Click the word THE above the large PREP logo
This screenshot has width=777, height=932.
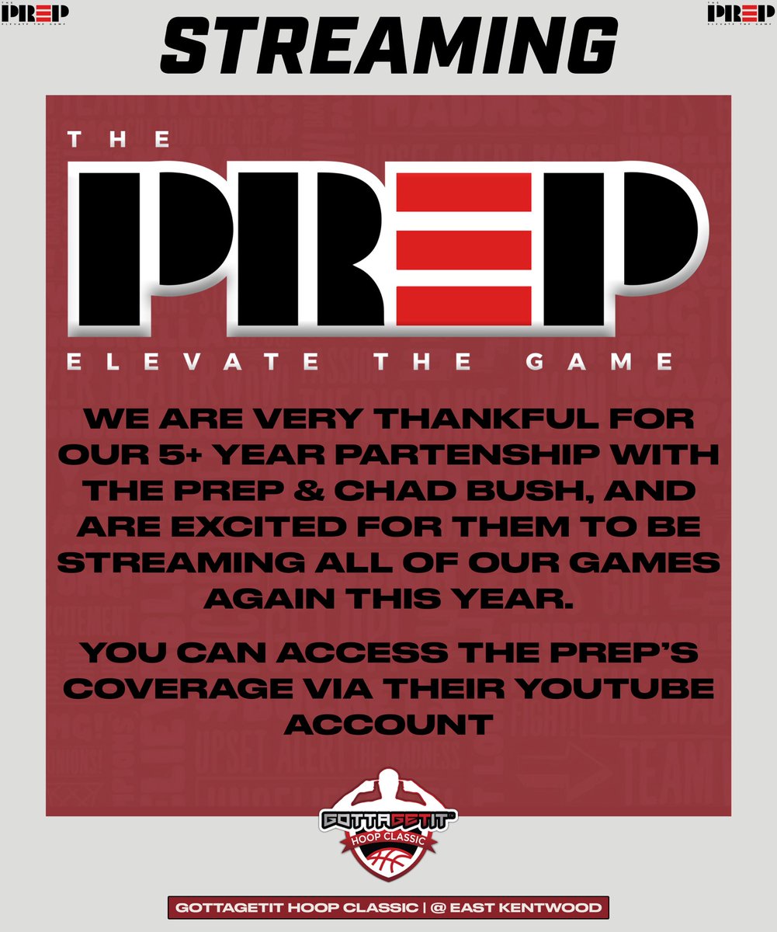click(118, 140)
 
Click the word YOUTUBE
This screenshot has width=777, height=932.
click(613, 690)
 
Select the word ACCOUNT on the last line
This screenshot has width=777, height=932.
click(389, 724)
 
